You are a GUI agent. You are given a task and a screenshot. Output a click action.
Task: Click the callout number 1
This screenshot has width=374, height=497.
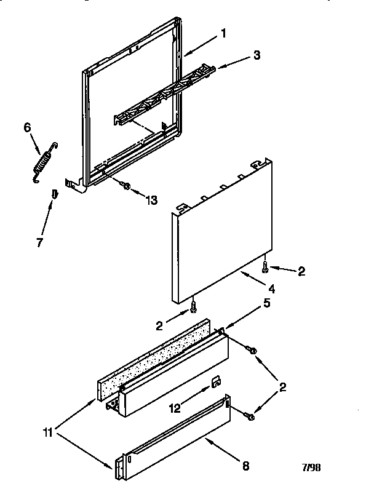point(223,34)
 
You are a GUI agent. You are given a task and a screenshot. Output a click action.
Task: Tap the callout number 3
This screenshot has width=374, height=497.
point(257,55)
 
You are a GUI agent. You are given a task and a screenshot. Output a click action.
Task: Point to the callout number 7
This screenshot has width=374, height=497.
point(40,242)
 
